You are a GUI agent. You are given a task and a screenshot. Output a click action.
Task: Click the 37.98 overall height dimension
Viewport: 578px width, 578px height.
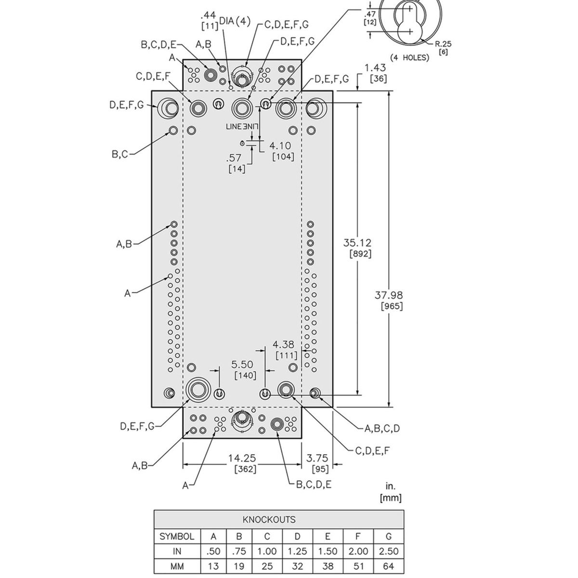pyautogui.click(x=389, y=295)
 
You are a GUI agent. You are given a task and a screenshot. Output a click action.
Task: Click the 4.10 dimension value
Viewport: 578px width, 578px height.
pyautogui.click(x=280, y=145)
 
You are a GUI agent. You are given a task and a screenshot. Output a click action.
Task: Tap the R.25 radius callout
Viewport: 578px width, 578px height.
pyautogui.click(x=443, y=44)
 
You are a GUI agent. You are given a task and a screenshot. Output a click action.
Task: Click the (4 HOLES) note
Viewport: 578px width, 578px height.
pyautogui.click(x=409, y=58)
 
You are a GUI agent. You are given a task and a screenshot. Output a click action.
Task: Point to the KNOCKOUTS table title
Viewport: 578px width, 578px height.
pyautogui.click(x=269, y=520)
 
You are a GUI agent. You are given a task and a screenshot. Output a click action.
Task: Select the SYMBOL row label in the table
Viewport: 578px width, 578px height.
pyautogui.click(x=177, y=536)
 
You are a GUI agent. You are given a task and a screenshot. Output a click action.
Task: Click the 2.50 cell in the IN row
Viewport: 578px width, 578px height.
pyautogui.click(x=388, y=552)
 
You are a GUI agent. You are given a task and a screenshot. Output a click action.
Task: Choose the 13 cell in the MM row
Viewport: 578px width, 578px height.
pyautogui.click(x=213, y=566)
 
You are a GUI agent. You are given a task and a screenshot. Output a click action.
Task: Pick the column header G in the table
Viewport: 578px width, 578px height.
pyautogui.click(x=388, y=536)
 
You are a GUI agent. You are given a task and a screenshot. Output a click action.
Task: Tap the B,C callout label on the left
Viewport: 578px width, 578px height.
pyautogui.click(x=120, y=154)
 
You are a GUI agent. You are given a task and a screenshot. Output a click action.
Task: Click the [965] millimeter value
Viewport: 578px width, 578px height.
pyautogui.click(x=392, y=306)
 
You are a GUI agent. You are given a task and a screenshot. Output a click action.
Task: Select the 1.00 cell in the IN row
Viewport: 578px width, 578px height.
pyautogui.click(x=267, y=552)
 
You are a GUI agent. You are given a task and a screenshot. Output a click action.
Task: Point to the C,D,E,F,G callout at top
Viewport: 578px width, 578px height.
pyautogui.click(x=287, y=24)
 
